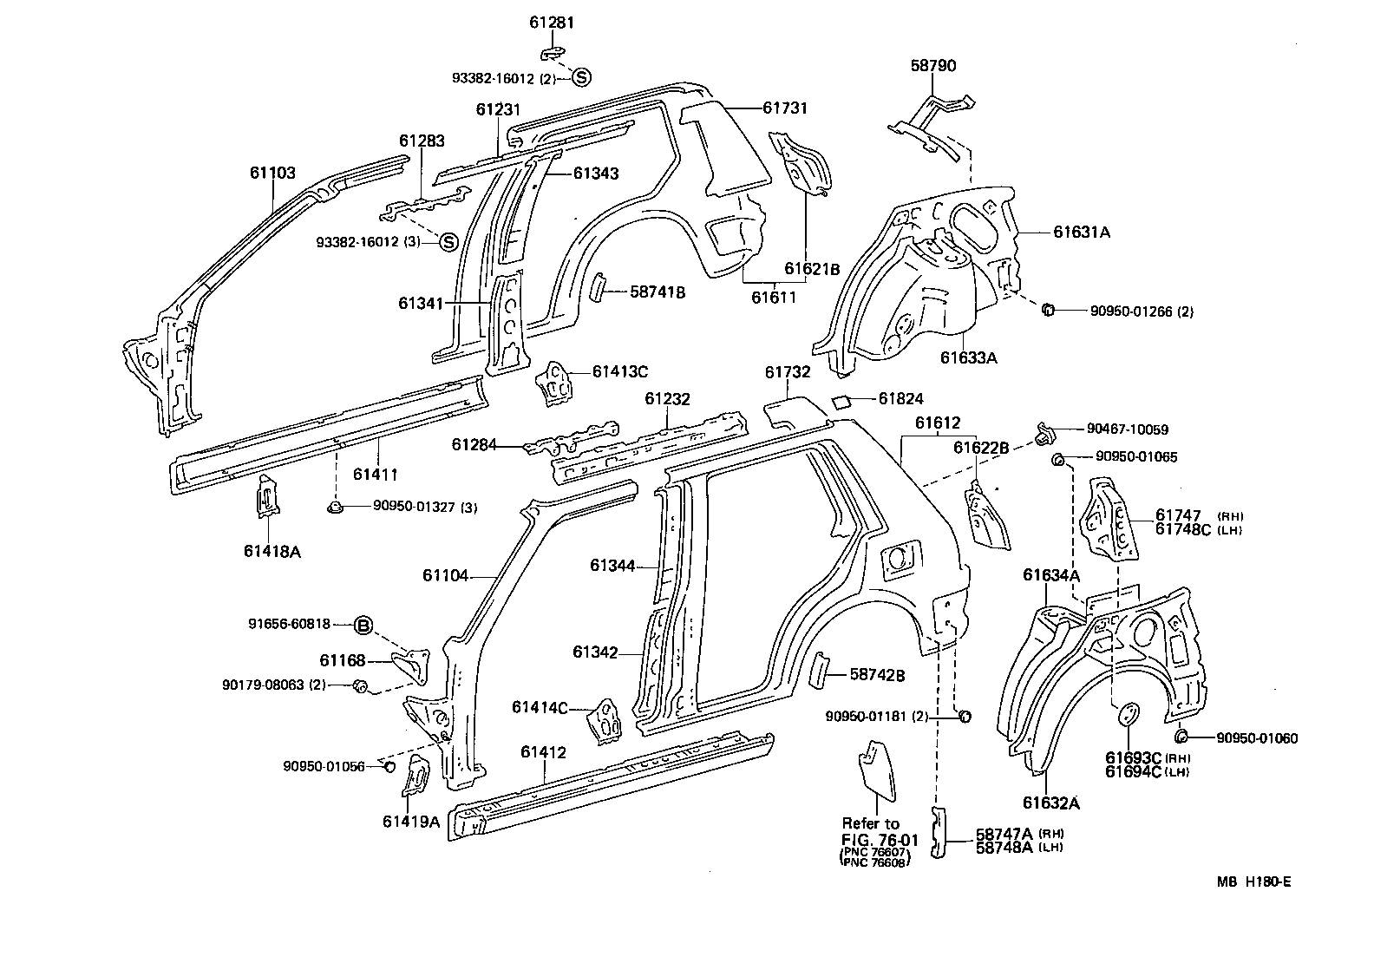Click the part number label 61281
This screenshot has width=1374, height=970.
(x=552, y=23)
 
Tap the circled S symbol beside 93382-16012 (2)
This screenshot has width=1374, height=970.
(x=581, y=77)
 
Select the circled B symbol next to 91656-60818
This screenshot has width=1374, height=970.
(x=363, y=625)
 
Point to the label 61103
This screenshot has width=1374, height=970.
(x=273, y=173)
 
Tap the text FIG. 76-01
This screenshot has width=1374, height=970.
(x=880, y=839)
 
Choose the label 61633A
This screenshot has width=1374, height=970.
(x=968, y=357)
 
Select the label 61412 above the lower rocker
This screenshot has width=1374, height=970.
(x=543, y=752)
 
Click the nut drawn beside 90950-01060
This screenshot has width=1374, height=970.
(x=1180, y=737)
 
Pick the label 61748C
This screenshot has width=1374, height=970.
(x=1182, y=530)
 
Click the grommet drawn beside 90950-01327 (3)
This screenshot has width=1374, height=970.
(x=334, y=507)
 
